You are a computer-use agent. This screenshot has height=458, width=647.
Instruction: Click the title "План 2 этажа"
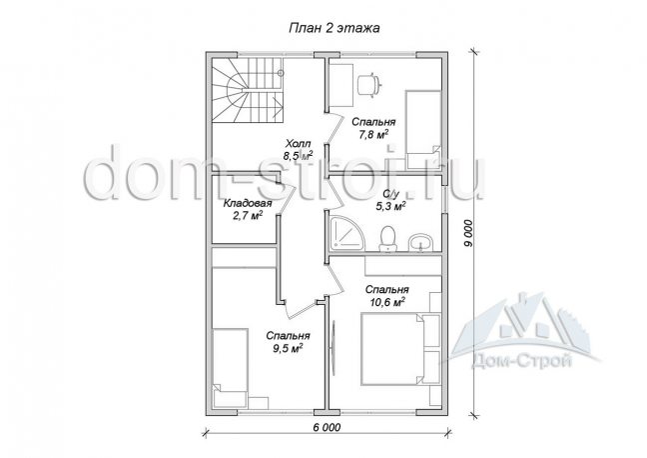click(x=333, y=28)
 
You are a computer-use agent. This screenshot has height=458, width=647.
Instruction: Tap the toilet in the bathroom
click(x=387, y=239)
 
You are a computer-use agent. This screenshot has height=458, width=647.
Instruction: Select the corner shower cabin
click(x=347, y=233)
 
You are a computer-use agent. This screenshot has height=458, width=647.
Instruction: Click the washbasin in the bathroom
click(x=420, y=243)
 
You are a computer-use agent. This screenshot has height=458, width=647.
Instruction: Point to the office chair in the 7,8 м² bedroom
click(x=367, y=85)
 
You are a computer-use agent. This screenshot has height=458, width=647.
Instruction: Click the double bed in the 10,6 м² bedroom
click(x=392, y=348)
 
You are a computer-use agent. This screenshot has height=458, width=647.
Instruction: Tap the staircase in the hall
click(x=248, y=90)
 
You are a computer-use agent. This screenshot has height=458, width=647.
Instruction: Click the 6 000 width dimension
click(x=326, y=427)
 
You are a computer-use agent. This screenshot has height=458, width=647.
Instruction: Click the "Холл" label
click(x=298, y=144)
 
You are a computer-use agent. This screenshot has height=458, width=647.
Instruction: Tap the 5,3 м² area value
click(x=389, y=205)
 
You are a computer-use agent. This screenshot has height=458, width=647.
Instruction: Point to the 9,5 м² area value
click(x=288, y=348)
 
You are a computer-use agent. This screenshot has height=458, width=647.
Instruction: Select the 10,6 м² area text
click(x=387, y=301)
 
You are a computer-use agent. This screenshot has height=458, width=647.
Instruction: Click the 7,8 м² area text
click(x=373, y=134)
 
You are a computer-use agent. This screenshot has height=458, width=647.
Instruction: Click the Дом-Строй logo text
click(x=522, y=363)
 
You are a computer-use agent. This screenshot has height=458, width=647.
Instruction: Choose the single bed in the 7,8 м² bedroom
click(x=423, y=129)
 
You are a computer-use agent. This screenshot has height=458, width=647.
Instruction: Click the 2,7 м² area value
click(x=248, y=215)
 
